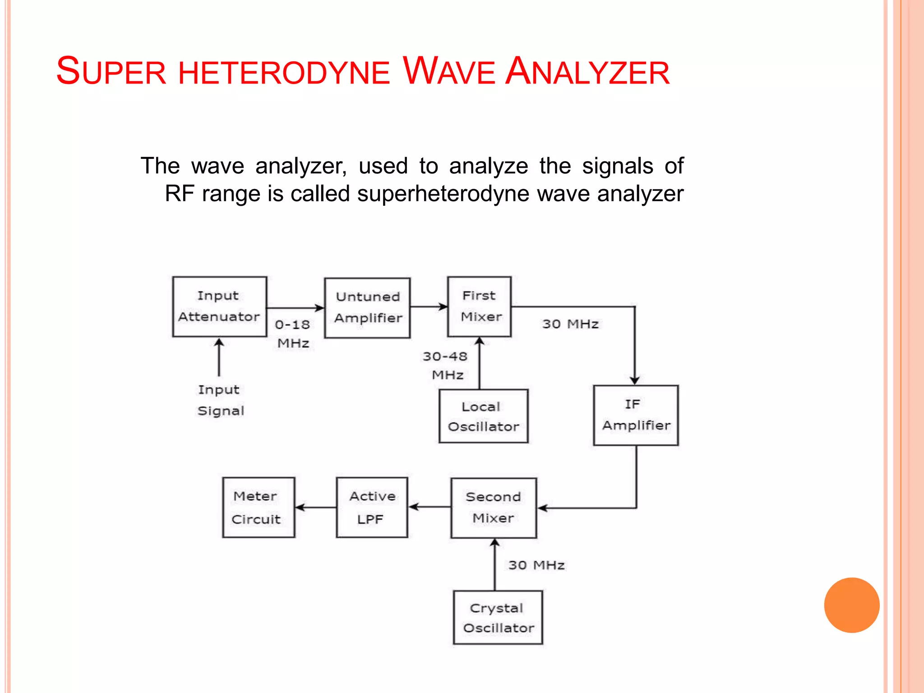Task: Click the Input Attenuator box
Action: (x=220, y=307)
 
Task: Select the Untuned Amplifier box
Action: (x=367, y=308)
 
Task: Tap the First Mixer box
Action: (x=479, y=307)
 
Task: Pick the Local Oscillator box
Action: (x=483, y=416)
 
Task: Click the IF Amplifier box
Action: (x=636, y=415)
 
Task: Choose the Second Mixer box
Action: (x=494, y=508)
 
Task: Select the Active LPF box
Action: (x=372, y=508)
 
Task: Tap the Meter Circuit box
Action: (x=259, y=508)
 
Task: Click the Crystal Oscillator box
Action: (x=498, y=617)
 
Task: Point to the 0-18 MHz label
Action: (x=293, y=334)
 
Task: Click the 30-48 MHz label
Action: (x=446, y=365)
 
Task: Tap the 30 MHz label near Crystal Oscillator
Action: (x=536, y=565)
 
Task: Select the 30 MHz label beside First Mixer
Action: (x=570, y=324)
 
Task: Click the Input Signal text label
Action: (x=220, y=400)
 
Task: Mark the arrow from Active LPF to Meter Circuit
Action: (x=315, y=508)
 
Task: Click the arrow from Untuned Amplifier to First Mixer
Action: (x=429, y=307)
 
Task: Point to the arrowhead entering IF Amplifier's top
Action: (x=635, y=380)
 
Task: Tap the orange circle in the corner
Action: (x=851, y=605)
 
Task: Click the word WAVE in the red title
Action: (x=449, y=71)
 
